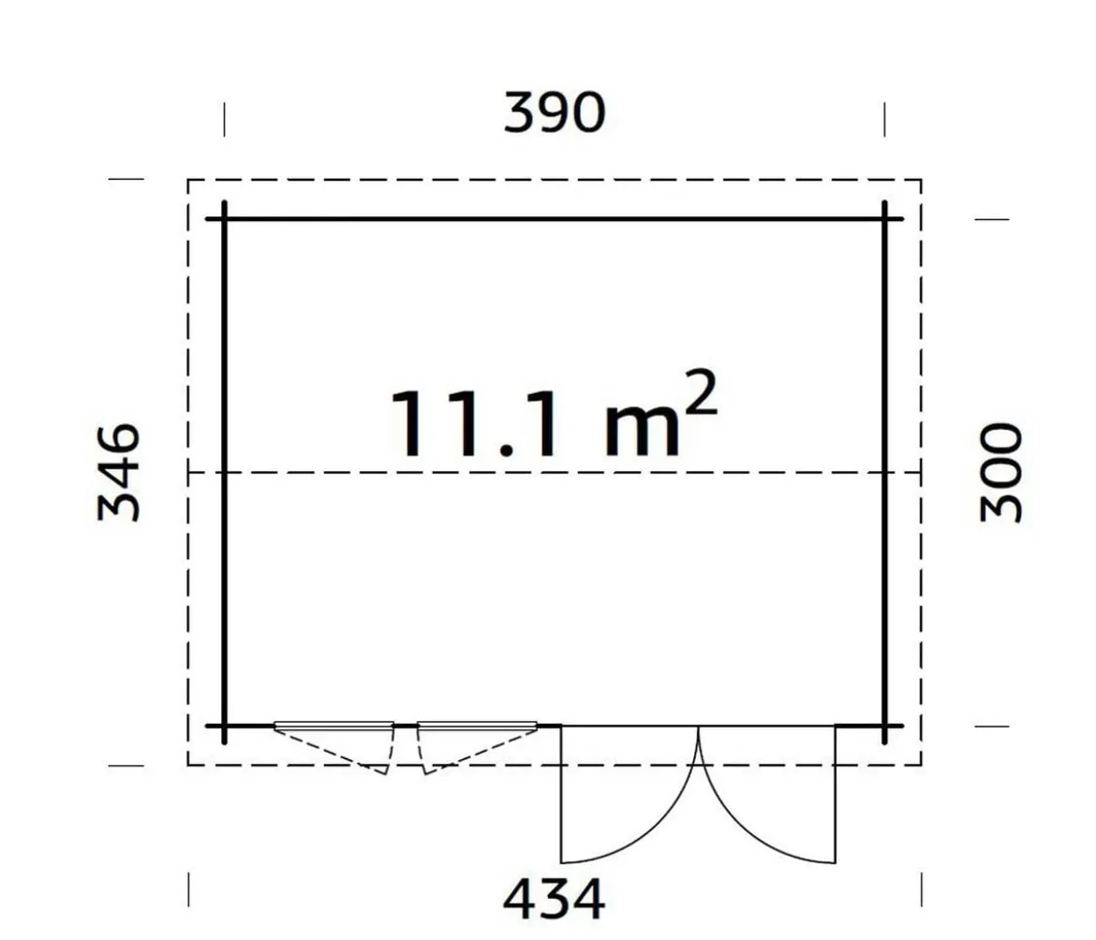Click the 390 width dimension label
555,112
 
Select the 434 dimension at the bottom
554,900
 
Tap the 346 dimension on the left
119,472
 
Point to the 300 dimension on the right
1001,472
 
